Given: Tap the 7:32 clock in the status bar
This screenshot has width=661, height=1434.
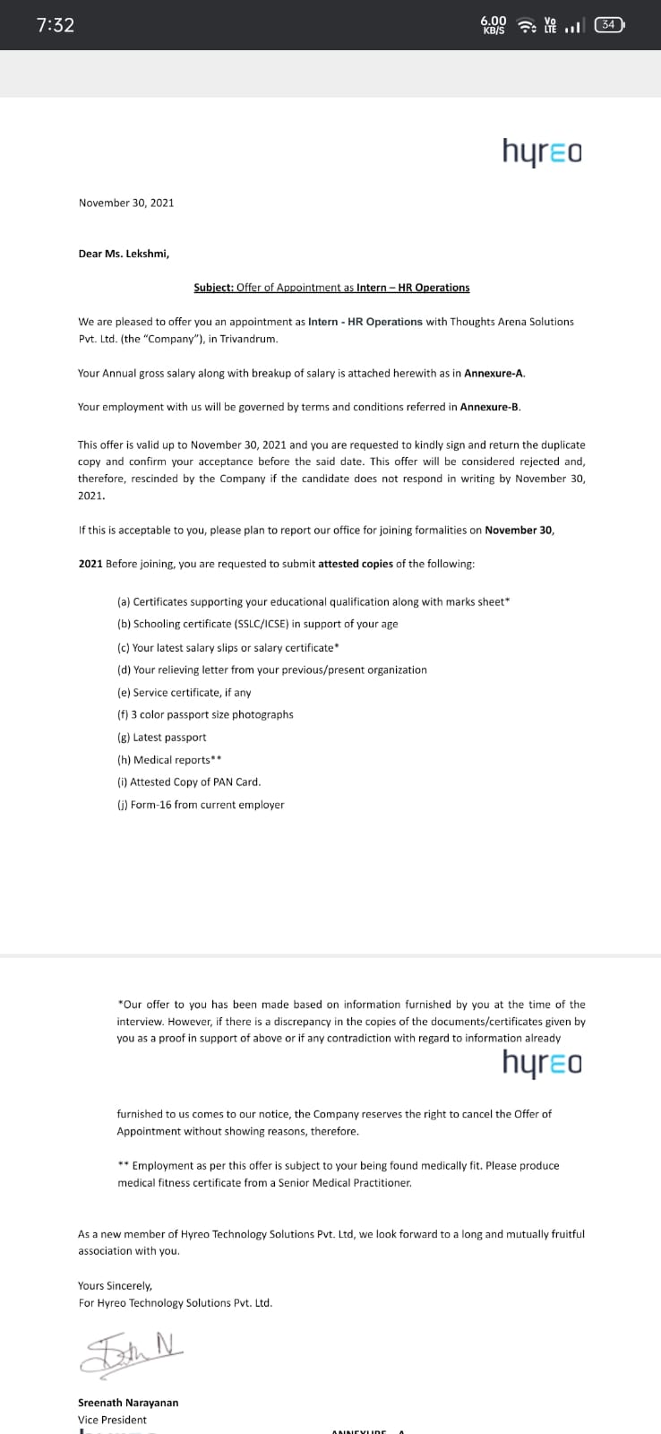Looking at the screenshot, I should coord(56,25).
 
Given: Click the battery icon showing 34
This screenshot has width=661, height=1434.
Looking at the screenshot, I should coord(609,25).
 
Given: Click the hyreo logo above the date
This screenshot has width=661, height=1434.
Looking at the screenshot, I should coord(542,151).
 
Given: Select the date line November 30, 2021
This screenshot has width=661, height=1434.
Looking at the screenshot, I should coord(126,203).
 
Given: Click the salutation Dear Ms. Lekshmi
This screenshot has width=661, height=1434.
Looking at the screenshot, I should coord(124,254).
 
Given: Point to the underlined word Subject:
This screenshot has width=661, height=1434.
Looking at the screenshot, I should coord(214,288).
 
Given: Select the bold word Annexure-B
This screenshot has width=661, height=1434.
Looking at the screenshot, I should coord(490,407).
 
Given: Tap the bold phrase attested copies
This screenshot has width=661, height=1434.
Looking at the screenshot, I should coord(356,564).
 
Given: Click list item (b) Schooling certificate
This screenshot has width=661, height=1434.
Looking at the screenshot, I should coord(258,624).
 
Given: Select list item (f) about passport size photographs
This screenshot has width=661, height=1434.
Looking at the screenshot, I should coord(205,714).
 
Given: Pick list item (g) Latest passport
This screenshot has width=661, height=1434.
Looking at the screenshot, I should coord(162,737).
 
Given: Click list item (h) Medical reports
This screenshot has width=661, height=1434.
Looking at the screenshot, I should coord(169,760).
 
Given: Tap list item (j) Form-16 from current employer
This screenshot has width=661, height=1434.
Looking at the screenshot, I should coord(201,805).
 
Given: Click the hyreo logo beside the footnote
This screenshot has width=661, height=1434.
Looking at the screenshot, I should coord(542,1063).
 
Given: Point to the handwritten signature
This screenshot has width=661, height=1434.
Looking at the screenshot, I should coord(132,1353).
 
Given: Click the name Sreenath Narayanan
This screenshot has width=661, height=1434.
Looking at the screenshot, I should coord(128,1403).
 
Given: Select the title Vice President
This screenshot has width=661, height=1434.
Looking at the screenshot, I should coord(112,1420).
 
